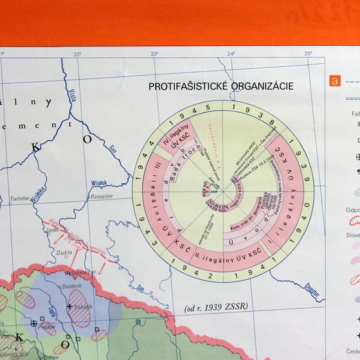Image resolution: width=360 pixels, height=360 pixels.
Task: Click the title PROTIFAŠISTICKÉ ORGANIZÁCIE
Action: (x=221, y=86)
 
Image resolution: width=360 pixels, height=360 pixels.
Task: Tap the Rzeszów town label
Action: (x=102, y=196)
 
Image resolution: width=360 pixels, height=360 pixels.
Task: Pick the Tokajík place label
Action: (x=82, y=307)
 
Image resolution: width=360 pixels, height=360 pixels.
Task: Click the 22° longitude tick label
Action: (x=77, y=54)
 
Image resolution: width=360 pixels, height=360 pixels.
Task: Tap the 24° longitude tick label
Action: (x=231, y=54)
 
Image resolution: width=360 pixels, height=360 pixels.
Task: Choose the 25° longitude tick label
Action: (x=308, y=54)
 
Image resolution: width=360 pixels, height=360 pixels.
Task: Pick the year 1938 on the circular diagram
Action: (x=259, y=113)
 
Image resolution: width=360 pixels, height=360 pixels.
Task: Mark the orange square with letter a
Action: (x=334, y=81)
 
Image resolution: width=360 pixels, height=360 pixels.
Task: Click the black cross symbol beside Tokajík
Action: (x=69, y=307)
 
